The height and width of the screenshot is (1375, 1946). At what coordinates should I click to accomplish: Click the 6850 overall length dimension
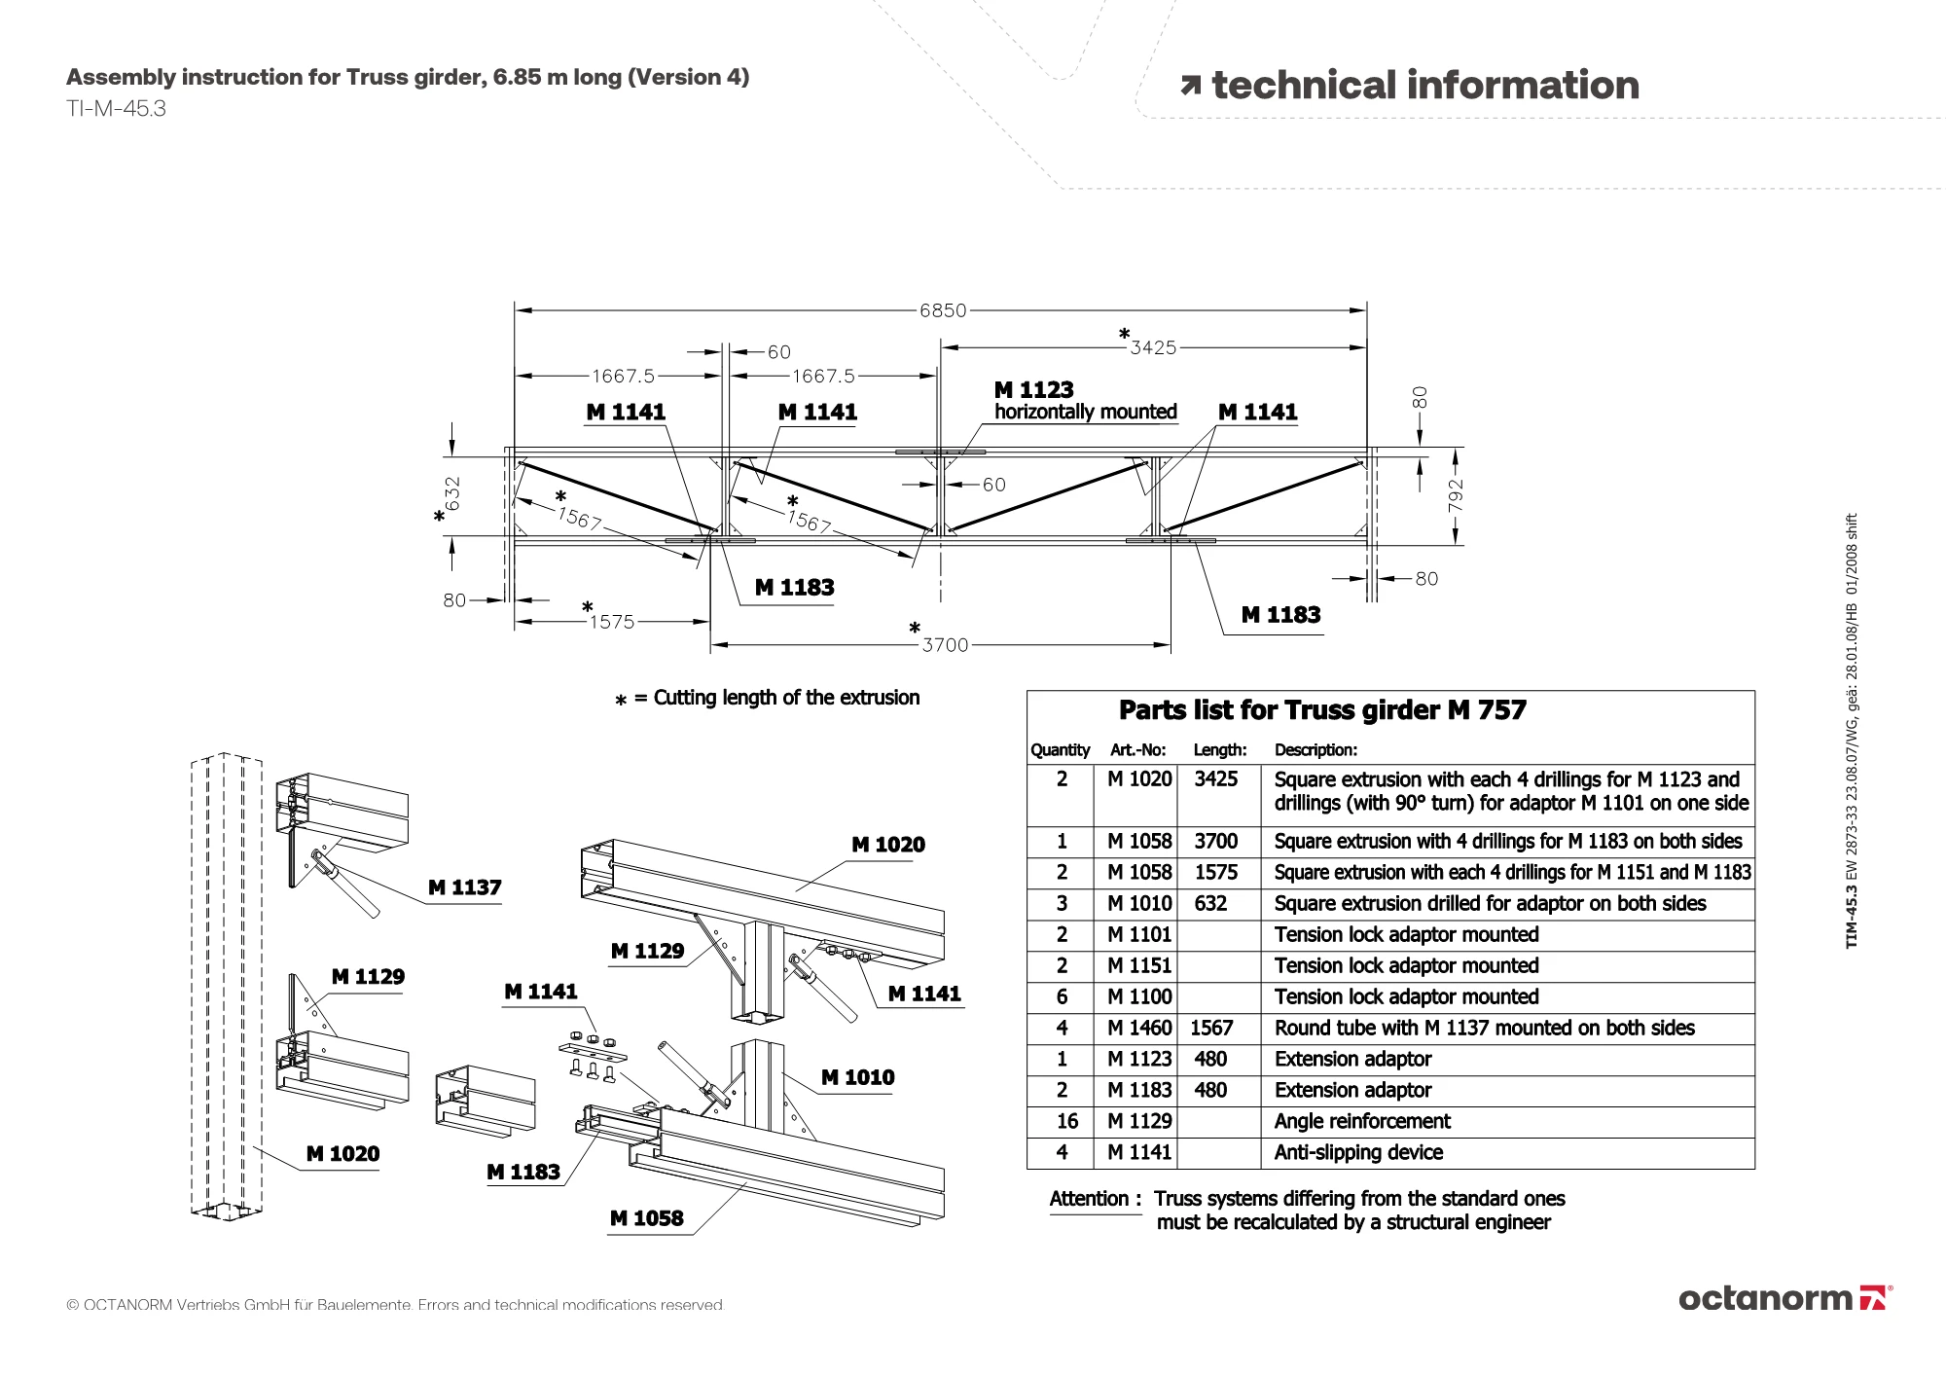click(x=943, y=310)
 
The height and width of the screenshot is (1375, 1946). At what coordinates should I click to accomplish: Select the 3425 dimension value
click(x=1153, y=347)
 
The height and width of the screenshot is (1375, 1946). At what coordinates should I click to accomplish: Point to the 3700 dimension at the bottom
click(x=945, y=645)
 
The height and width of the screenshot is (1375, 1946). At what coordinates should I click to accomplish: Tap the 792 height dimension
click(x=1455, y=495)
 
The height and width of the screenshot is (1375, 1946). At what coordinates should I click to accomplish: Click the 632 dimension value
click(x=452, y=493)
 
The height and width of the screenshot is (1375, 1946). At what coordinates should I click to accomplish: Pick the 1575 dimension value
click(x=612, y=622)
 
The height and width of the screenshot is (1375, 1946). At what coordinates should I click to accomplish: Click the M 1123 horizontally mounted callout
click(x=1084, y=400)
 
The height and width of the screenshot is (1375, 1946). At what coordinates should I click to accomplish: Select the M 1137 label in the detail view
click(x=464, y=887)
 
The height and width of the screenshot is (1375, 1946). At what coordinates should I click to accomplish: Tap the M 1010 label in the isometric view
click(x=857, y=1077)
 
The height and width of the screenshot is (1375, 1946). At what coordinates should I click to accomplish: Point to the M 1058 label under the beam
click(x=646, y=1218)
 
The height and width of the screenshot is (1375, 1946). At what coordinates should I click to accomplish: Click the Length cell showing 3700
click(x=1215, y=841)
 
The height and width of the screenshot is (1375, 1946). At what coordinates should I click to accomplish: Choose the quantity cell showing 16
click(x=1066, y=1121)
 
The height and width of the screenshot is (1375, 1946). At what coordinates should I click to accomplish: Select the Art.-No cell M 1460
click(x=1139, y=1028)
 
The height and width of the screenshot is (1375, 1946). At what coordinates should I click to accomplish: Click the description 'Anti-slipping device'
click(x=1358, y=1152)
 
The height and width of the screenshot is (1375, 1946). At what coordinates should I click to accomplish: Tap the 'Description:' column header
click(x=1315, y=749)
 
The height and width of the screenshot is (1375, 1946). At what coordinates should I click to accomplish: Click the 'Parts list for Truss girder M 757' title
click(x=1322, y=710)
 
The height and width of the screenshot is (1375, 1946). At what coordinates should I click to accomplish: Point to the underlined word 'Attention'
click(x=1089, y=1199)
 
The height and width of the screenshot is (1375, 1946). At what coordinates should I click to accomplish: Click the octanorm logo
click(x=1784, y=1298)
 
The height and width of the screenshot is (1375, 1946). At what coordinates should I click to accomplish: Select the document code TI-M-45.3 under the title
click(x=116, y=109)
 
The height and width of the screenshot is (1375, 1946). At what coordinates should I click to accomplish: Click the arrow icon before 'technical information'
click(x=1190, y=87)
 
